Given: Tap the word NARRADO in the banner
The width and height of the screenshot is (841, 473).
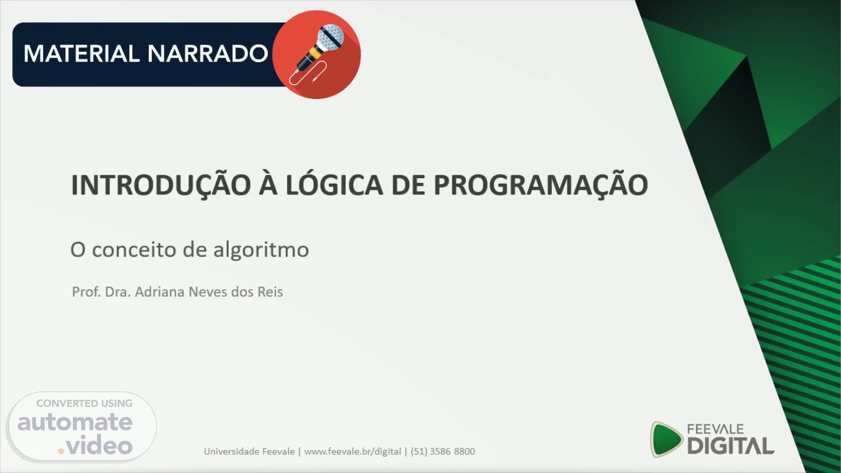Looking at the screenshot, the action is coord(208,54).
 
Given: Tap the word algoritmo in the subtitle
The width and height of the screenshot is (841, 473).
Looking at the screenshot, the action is coord(261,250).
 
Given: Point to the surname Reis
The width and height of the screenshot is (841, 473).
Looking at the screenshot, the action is coord(270,292).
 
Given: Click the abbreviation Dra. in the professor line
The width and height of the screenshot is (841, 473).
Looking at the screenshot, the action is coord(118,292).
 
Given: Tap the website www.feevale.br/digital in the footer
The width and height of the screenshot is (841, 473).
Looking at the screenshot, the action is coord(353,452).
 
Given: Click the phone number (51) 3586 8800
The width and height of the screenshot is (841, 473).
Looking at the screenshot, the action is coord(443,452).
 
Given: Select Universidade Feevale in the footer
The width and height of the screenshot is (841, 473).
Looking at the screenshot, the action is coord(249,452).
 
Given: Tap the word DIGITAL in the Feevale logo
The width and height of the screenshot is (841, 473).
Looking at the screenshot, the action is coord(731,446).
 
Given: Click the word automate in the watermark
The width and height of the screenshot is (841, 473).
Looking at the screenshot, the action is coord(75,422).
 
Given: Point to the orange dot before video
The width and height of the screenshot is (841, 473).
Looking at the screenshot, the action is coord(61,451).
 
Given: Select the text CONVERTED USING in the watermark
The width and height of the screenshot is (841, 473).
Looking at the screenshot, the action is coord(84,403).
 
